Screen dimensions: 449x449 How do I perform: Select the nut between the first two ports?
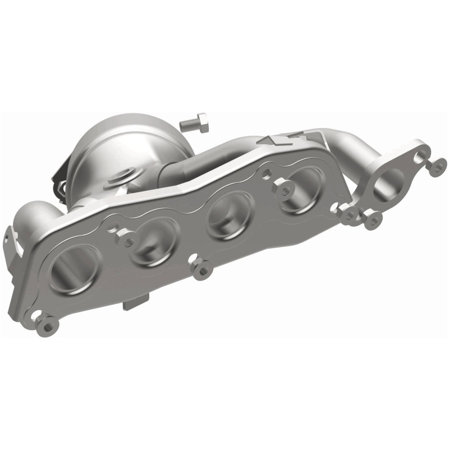(x=127, y=240)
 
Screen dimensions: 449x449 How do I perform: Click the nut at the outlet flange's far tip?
(x=436, y=165)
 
